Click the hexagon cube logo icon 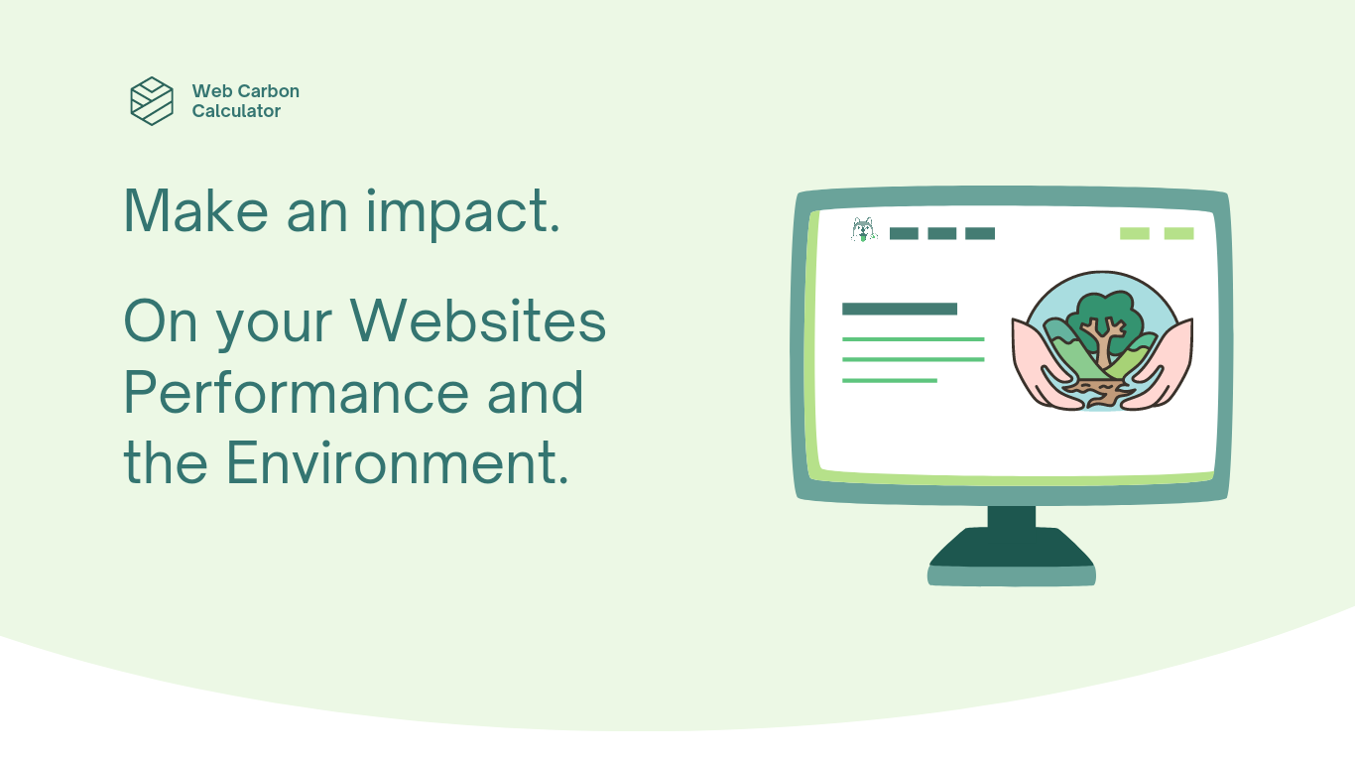click(152, 101)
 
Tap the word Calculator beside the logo click(236, 111)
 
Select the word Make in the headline click(195, 210)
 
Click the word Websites click(478, 321)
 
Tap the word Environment click(398, 463)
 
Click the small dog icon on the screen click(864, 229)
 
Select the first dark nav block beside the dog click(904, 233)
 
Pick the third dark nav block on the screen click(980, 233)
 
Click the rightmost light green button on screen click(1179, 233)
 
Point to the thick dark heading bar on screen click(900, 310)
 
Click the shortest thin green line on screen click(890, 381)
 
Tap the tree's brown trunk click(1104, 346)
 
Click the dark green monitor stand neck click(1012, 517)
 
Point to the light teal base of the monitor click(1012, 575)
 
